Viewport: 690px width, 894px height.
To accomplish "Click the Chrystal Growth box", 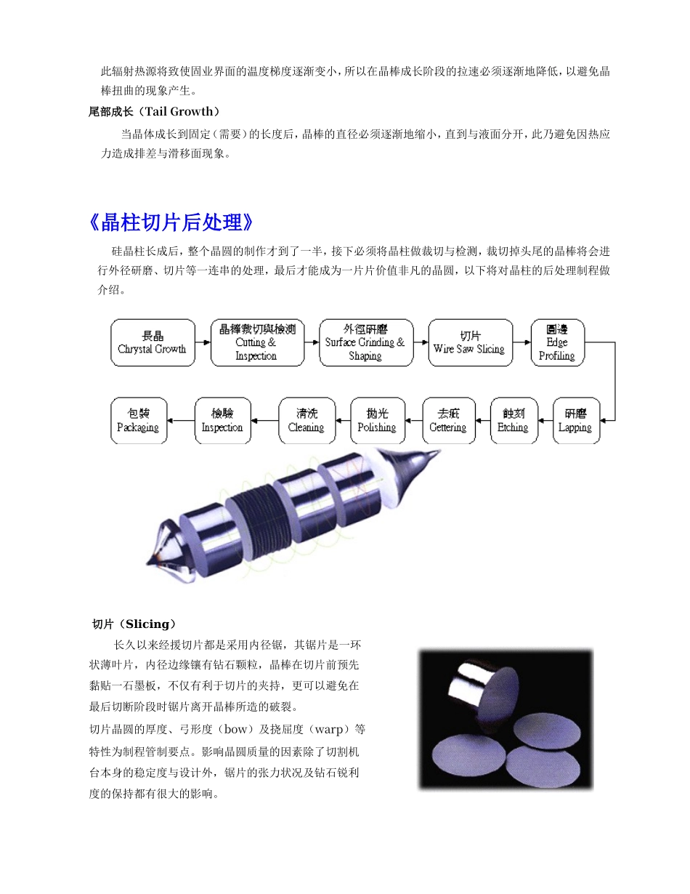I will pyautogui.click(x=153, y=342).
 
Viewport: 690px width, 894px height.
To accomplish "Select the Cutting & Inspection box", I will pyautogui.click(x=257, y=342).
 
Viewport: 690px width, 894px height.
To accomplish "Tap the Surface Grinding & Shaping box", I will pyautogui.click(x=365, y=342).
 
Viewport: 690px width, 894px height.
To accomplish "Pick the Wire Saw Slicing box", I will pyautogui.click(x=469, y=342).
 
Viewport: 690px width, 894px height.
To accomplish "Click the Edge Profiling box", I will pyautogui.click(x=557, y=342).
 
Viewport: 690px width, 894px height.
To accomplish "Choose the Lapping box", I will pyautogui.click(x=575, y=420).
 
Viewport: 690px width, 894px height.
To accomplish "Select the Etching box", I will pyautogui.click(x=513, y=420).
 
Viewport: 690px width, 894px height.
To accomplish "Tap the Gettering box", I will pyautogui.click(x=448, y=420).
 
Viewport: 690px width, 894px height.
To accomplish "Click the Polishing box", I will pyautogui.click(x=376, y=420).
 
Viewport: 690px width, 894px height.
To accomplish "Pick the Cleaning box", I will pyautogui.click(x=307, y=420).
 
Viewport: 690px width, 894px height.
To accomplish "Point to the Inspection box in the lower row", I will pyautogui.click(x=222, y=420).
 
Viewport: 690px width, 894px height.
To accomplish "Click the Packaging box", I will pyautogui.click(x=139, y=420).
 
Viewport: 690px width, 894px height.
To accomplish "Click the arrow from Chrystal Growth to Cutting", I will pyautogui.click(x=203, y=342).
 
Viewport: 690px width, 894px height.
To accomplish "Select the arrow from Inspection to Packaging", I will pyautogui.click(x=182, y=420).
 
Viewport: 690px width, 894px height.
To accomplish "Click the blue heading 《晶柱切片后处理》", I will pyautogui.click(x=171, y=222).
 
